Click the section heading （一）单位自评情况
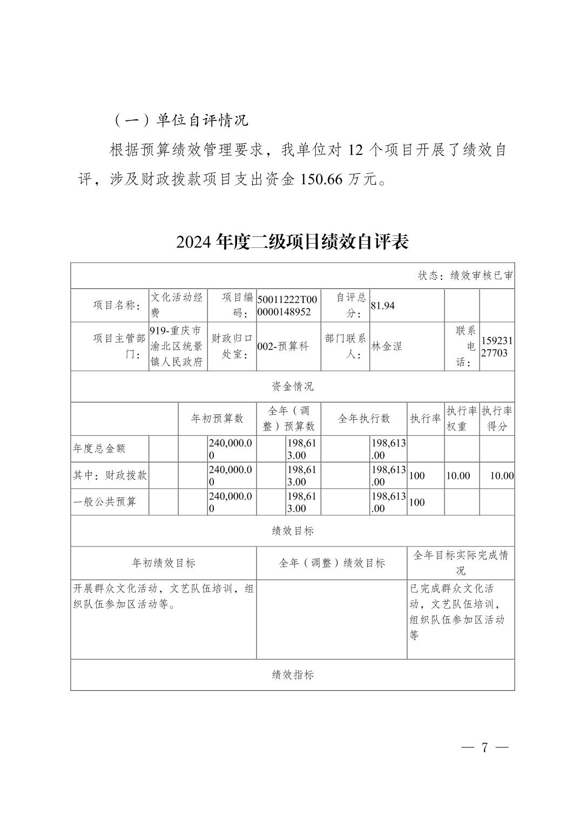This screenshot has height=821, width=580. (180, 120)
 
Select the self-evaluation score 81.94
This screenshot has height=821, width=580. (383, 306)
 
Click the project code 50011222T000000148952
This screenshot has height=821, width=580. (288, 306)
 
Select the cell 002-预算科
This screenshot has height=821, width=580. (283, 347)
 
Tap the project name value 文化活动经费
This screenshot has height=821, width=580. (177, 305)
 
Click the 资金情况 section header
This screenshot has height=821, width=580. (292, 386)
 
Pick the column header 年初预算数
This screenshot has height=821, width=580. (217, 419)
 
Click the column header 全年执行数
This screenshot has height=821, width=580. (363, 419)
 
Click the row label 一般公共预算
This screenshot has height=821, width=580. (105, 502)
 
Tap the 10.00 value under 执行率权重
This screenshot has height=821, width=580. (458, 476)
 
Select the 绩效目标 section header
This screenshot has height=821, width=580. (292, 531)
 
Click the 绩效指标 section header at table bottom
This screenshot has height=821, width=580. (292, 675)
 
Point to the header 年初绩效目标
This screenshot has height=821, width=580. (164, 563)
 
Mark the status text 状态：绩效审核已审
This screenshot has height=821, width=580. (465, 275)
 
